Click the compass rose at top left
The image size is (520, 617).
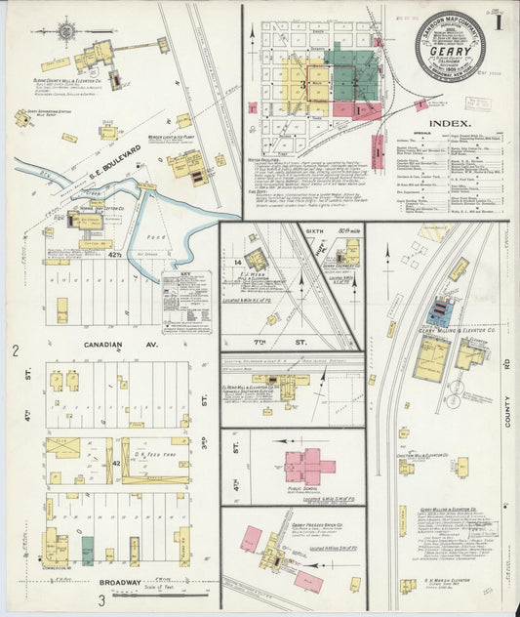66,31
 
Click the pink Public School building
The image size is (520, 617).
307,465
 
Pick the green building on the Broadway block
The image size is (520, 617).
88,550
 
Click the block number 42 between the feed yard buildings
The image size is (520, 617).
116,462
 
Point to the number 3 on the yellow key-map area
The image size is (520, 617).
303,86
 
